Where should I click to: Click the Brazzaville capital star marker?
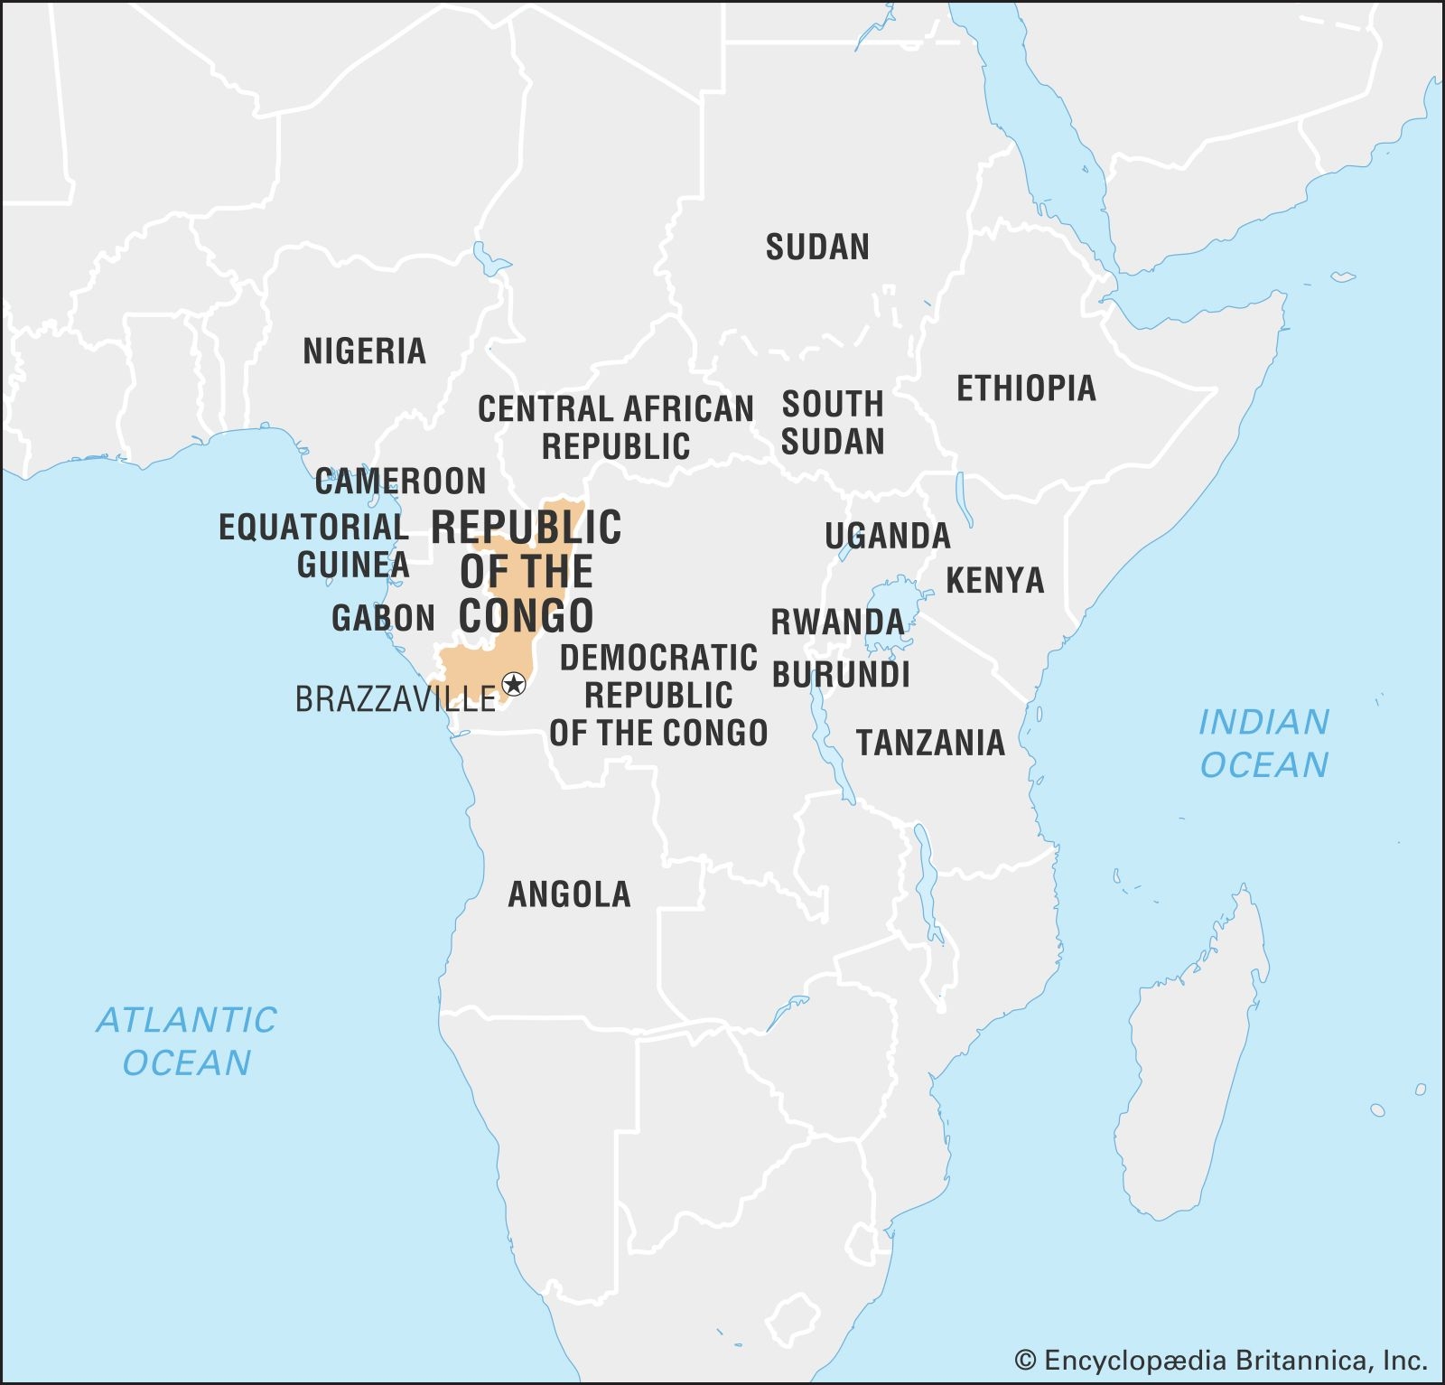click(x=514, y=683)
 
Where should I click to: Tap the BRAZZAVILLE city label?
click(x=396, y=699)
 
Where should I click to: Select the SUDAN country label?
click(x=817, y=247)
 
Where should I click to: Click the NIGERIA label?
click(x=364, y=351)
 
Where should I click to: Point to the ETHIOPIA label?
click(x=1026, y=388)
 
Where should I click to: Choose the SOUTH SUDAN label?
click(x=832, y=423)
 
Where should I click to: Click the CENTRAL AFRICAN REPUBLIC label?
click(x=615, y=427)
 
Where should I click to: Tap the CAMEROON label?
click(x=400, y=482)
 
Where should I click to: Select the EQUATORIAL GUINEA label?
click(x=314, y=546)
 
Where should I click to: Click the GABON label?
click(x=383, y=618)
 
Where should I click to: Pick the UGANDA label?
click(x=887, y=536)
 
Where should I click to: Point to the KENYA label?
click(x=994, y=580)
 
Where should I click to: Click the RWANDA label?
click(x=837, y=622)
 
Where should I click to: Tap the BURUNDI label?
click(x=841, y=675)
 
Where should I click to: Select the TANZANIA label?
click(x=930, y=743)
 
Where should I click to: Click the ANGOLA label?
click(x=569, y=894)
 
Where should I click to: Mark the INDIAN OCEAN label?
click(x=1263, y=744)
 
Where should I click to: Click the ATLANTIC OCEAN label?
click(x=187, y=1041)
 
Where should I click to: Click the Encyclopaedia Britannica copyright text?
click(x=1221, y=1361)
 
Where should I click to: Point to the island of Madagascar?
click(x=1192, y=1048)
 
